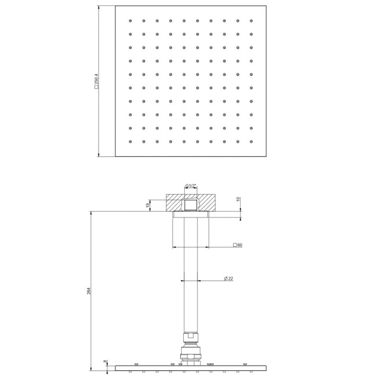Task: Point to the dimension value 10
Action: click(x=238, y=199)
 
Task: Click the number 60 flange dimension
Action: click(x=240, y=245)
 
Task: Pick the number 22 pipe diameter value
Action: click(x=230, y=278)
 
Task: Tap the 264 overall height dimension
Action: click(x=89, y=291)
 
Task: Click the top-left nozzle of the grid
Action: click(x=130, y=20)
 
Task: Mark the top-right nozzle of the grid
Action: click(x=251, y=20)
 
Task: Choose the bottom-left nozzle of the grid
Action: click(x=130, y=142)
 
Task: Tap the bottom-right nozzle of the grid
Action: click(x=251, y=142)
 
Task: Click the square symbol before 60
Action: click(x=235, y=245)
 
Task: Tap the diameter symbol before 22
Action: click(x=225, y=278)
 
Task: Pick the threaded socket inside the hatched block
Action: click(x=191, y=205)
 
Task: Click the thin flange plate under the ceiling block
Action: click(x=191, y=215)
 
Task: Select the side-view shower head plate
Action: click(x=191, y=368)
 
